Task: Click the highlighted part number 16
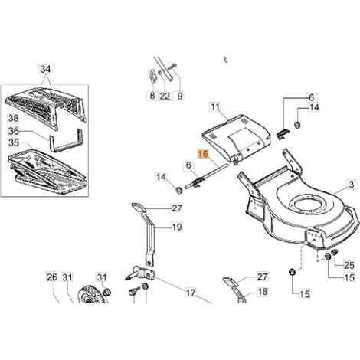tap(203, 155)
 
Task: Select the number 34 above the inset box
tap(45, 69)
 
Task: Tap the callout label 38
tap(14, 118)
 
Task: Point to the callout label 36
tap(14, 131)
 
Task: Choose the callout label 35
tap(14, 142)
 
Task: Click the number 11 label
tap(215, 106)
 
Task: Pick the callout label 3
tap(352, 185)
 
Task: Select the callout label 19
tap(177, 227)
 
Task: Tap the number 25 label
tap(349, 266)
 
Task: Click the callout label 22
tap(165, 96)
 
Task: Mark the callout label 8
tap(152, 96)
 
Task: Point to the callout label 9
tap(180, 96)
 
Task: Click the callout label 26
tap(52, 277)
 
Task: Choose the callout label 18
tap(263, 291)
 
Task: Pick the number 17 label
tap(191, 293)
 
